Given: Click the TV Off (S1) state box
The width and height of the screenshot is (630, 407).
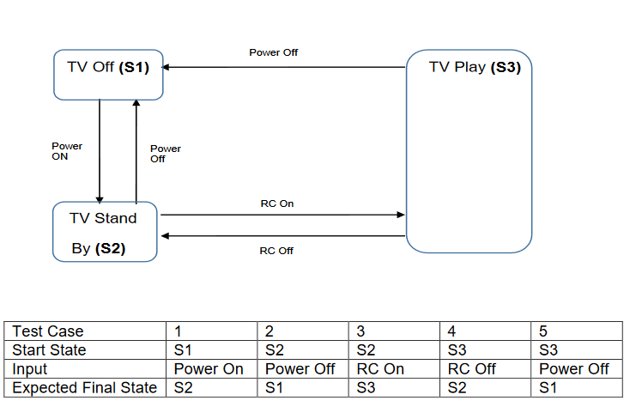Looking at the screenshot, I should pyautogui.click(x=107, y=74).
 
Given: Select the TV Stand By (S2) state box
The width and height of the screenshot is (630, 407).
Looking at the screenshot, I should pyautogui.click(x=105, y=232).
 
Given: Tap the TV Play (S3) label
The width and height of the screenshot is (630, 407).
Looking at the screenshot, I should pyautogui.click(x=474, y=68).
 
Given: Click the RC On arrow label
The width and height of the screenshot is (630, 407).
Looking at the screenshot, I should pyautogui.click(x=276, y=203).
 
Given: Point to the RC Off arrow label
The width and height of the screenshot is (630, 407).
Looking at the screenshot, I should pyautogui.click(x=276, y=251).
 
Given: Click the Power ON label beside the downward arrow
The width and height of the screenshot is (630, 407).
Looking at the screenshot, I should pyautogui.click(x=67, y=151).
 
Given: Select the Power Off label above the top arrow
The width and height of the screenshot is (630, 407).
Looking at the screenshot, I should pyautogui.click(x=274, y=52).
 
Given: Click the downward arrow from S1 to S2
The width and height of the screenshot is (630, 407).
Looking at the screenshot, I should pyautogui.click(x=100, y=150).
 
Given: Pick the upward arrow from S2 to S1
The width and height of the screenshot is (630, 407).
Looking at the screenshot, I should pyautogui.click(x=136, y=150).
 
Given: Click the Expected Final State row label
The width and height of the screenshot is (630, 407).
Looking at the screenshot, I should pyautogui.click(x=84, y=387).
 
